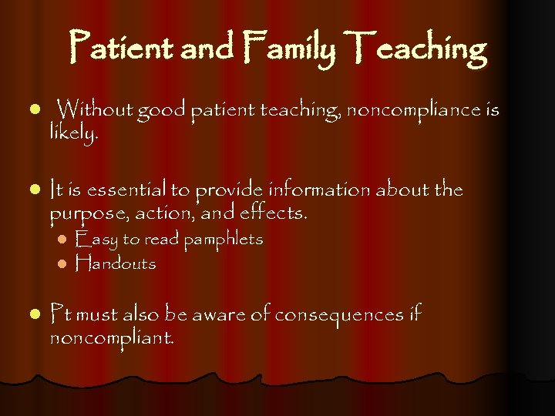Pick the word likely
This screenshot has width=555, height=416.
pos(73,134)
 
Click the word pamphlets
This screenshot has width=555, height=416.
pos(223,239)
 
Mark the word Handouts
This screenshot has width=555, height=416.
pos(116,263)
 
